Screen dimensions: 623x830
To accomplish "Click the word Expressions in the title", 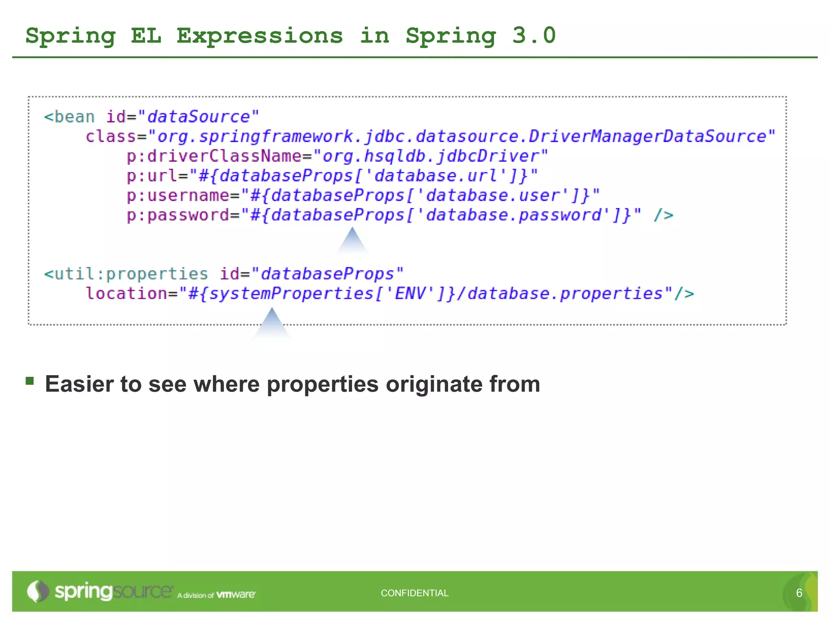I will (x=259, y=36).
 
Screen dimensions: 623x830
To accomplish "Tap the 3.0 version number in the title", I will (x=534, y=36).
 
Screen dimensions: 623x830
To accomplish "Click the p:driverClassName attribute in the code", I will (x=214, y=156).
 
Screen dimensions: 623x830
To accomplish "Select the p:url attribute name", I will (x=152, y=176).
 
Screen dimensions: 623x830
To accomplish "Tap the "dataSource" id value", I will (x=198, y=117).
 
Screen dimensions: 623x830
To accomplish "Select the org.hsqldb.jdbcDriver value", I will (x=431, y=156).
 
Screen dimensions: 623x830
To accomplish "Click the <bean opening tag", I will (x=69, y=117).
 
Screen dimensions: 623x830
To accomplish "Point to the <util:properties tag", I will (x=126, y=274).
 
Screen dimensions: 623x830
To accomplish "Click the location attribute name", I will (x=126, y=293).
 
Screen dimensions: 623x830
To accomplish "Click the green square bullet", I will (x=30, y=380).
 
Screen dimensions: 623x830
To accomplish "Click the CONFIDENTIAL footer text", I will (x=415, y=593).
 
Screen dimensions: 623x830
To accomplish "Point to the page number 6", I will (x=799, y=593).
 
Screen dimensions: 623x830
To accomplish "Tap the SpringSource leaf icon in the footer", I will (x=38, y=591).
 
